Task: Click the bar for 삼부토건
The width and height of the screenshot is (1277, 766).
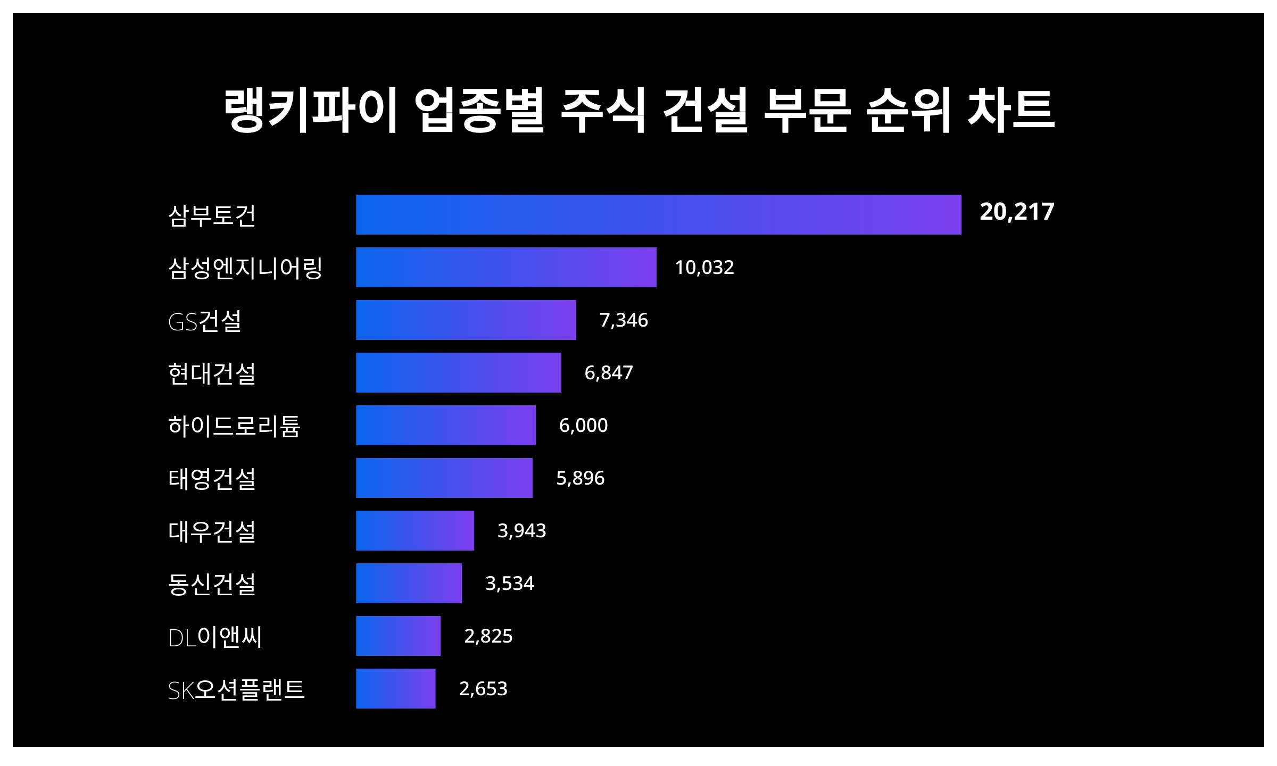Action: click(x=658, y=214)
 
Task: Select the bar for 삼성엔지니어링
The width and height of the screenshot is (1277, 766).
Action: click(x=506, y=267)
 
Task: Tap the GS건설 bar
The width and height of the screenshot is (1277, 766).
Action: click(x=466, y=320)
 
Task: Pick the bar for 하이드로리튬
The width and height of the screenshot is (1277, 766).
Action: click(x=445, y=425)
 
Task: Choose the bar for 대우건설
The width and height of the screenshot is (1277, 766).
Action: click(x=414, y=530)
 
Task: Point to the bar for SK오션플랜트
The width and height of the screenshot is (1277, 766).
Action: click(x=395, y=688)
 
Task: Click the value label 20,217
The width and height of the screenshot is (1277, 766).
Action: click(x=1016, y=212)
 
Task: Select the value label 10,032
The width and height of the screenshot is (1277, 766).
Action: click(x=704, y=267)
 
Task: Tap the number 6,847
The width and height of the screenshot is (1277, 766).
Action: click(x=608, y=372)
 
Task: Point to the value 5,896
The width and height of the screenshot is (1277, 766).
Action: click(x=580, y=478)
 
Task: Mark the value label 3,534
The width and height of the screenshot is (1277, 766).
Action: click(x=509, y=583)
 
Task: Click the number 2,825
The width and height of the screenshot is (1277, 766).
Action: click(x=488, y=636)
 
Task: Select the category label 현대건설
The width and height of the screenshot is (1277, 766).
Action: click(x=212, y=373)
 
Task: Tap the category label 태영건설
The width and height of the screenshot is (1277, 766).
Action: click(x=212, y=478)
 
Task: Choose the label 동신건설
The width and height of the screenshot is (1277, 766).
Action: click(x=212, y=584)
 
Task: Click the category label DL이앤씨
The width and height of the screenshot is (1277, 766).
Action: click(x=215, y=637)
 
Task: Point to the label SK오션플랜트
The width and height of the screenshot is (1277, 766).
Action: click(x=236, y=689)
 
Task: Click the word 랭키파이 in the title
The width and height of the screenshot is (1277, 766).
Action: click(x=311, y=110)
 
